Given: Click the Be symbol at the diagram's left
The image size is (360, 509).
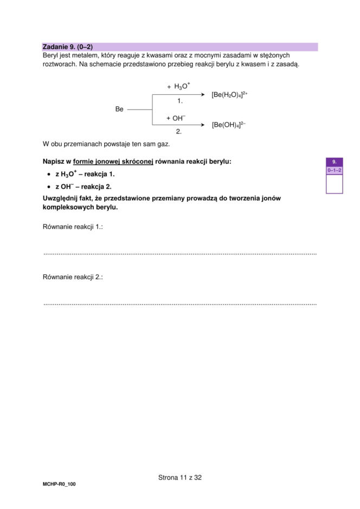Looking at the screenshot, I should point(119,109).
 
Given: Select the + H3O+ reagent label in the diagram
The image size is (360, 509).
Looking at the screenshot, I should point(178,86).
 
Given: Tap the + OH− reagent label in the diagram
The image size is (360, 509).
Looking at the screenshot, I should point(176,118).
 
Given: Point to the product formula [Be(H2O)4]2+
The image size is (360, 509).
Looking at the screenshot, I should point(229,94).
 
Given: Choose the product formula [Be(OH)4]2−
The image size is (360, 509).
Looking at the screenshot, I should point(229,125).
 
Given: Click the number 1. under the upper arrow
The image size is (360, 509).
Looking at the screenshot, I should point(180,101).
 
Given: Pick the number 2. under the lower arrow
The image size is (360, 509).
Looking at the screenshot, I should point(178,131).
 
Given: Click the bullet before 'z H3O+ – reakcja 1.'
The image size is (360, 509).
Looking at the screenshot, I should point(48,175).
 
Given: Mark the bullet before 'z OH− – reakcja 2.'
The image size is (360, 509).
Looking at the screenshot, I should point(48,186).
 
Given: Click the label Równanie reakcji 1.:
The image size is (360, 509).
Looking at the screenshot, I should point(73,227).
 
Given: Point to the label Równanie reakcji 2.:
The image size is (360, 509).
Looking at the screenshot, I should point(73,277).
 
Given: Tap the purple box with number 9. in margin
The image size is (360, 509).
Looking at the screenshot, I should point(335,162).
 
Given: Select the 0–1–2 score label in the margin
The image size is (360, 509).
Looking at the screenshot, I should point(335,170).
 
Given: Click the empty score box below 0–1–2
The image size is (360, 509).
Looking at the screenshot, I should point(335,184).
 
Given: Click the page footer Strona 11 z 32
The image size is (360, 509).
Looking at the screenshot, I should point(180,478).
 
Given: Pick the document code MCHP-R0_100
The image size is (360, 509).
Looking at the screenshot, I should point(59,484).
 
